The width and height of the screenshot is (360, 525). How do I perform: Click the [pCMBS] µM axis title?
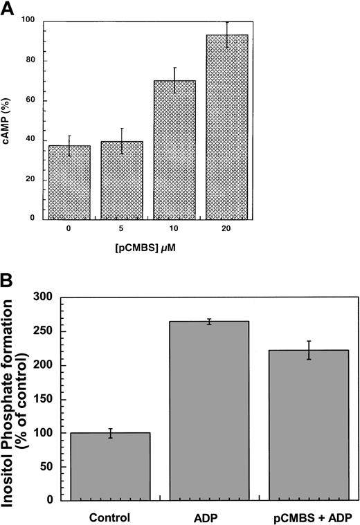[x=148, y=247]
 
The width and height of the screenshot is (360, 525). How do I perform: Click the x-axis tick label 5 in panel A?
[x=122, y=229]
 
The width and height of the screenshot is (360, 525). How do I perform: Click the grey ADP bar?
[x=209, y=411]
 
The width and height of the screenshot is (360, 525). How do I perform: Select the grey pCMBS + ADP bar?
[x=309, y=425]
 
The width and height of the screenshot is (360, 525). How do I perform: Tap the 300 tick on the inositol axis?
[x=43, y=297]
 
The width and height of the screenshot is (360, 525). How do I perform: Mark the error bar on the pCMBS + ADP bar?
[x=309, y=350]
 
